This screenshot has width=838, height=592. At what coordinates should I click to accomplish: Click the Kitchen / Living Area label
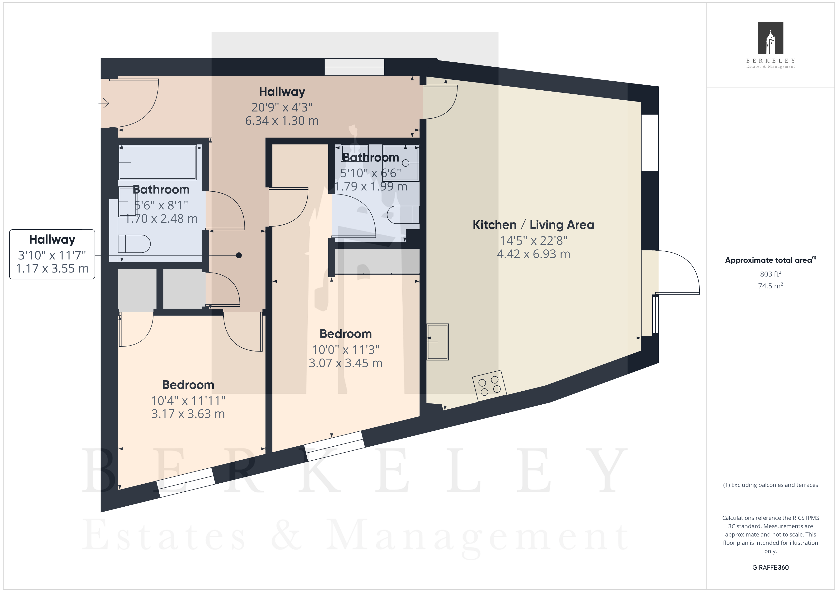pyautogui.click(x=533, y=225)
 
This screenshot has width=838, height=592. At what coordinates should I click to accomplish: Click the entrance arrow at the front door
pyautogui.click(x=104, y=103)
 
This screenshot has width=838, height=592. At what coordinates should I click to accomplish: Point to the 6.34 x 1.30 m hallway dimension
pyautogui.click(x=282, y=121)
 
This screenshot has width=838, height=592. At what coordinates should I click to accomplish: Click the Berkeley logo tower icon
pyautogui.click(x=771, y=38)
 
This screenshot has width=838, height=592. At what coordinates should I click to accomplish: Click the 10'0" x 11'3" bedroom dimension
pyautogui.click(x=346, y=350)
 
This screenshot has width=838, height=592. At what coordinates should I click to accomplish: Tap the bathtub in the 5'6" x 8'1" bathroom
pyautogui.click(x=158, y=162)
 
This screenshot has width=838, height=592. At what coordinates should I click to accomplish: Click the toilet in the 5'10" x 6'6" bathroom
pyautogui.click(x=403, y=215)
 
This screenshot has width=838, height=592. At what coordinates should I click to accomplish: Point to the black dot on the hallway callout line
pyautogui.click(x=239, y=255)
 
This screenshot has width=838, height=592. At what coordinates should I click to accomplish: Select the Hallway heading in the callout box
pyautogui.click(x=52, y=240)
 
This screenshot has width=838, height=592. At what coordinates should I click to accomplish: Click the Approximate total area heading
pyautogui.click(x=770, y=260)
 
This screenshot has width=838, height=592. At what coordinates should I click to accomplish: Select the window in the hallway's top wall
pyautogui.click(x=354, y=67)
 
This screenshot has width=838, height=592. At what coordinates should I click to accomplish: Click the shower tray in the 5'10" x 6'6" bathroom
pyautogui.click(x=401, y=162)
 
